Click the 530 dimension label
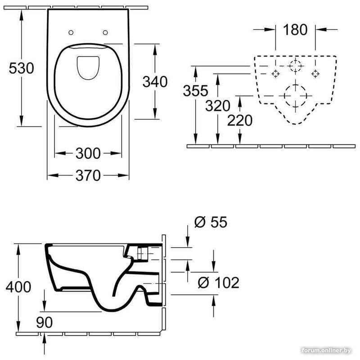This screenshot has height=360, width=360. (x=21, y=68)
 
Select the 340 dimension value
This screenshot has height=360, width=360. (x=155, y=82)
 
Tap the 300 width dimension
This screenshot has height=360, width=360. (x=88, y=153)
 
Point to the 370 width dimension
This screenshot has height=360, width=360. (x=88, y=175)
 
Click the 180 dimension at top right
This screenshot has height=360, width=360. (x=295, y=30)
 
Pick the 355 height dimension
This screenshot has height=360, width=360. (x=196, y=90)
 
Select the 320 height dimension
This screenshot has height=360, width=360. (x=218, y=106)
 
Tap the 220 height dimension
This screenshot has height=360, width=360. (x=240, y=121)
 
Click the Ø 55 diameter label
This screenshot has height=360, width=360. (x=211, y=222)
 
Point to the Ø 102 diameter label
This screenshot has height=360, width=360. (x=218, y=283)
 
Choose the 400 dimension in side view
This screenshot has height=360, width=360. (x=18, y=287)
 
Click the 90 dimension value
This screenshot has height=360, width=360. (x=44, y=322)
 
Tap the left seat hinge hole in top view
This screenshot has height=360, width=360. (x=71, y=32)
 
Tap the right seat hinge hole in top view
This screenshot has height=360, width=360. (x=105, y=32)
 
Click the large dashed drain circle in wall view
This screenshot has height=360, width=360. (x=295, y=96)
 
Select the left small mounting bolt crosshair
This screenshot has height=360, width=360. (x=275, y=74)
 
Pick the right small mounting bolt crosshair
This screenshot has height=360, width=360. (x=315, y=74)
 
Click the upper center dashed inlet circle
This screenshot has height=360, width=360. (x=295, y=66)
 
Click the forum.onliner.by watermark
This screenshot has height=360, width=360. (x=326, y=351)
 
